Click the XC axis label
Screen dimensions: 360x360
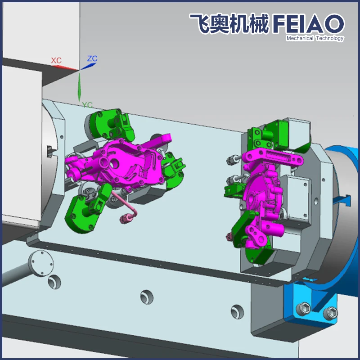click(x=56, y=60)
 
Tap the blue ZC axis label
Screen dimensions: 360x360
click(x=92, y=58)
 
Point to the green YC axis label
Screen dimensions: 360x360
click(x=87, y=105)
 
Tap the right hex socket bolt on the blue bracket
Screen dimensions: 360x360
click(x=331, y=311)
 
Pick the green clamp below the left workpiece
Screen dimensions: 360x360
click(x=85, y=211)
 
